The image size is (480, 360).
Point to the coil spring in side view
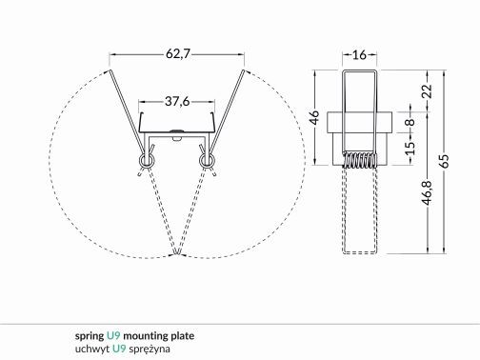pyautogui.click(x=359, y=162)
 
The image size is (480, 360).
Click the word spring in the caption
pyautogui.click(x=90, y=336)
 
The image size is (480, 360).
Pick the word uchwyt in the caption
pyautogui.click(x=92, y=349)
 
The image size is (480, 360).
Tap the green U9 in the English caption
pyautogui.click(x=113, y=336)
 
